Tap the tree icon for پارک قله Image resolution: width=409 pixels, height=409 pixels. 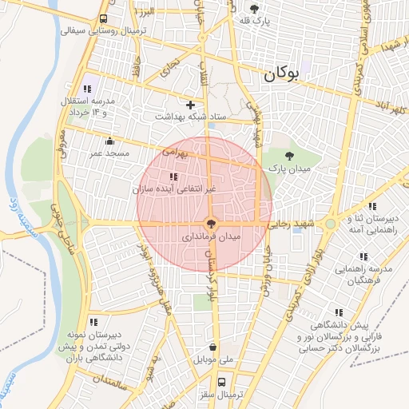pyautogui.click(x=254, y=10)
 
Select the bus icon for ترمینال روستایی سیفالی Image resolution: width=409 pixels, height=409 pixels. pyautogui.click(x=104, y=19)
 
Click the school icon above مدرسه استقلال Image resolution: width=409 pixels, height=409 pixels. pyautogui.click(x=87, y=89)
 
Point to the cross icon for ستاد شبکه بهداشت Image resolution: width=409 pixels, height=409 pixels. pyautogui.click(x=190, y=105)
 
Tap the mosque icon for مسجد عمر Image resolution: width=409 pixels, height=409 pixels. pyautogui.click(x=109, y=141)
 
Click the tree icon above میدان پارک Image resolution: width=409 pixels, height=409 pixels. pyautogui.click(x=289, y=157)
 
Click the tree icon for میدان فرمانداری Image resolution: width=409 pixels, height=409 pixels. pyautogui.click(x=211, y=224)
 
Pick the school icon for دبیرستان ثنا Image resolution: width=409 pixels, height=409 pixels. pyautogui.click(x=351, y=217)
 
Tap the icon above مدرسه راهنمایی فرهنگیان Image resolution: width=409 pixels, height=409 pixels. pyautogui.click(x=363, y=256)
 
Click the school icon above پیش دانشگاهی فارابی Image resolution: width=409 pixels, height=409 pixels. pyautogui.click(x=339, y=312)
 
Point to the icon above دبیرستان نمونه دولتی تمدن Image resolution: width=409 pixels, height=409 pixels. pyautogui.click(x=93, y=321)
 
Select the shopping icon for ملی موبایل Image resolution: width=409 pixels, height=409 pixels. pyautogui.click(x=212, y=347)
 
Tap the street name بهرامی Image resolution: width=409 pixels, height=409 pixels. pyautogui.click(x=175, y=150)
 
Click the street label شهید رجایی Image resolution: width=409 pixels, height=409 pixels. pyautogui.click(x=294, y=224)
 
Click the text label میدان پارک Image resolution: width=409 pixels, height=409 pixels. pyautogui.click(x=288, y=169)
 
